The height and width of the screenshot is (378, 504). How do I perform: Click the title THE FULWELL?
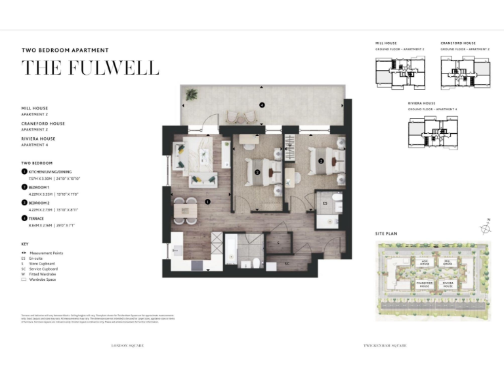[x=90, y=68]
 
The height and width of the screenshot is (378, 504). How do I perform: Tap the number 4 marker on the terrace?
[x=262, y=104]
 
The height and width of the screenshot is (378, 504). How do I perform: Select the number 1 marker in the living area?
[x=207, y=202]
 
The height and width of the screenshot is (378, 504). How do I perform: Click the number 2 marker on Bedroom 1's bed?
[x=322, y=160]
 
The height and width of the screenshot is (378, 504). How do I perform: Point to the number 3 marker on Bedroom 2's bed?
[x=258, y=172]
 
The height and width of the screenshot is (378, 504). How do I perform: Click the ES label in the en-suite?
[x=325, y=203]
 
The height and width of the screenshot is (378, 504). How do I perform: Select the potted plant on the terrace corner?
[x=191, y=96]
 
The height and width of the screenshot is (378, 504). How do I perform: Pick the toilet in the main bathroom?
[x=244, y=264]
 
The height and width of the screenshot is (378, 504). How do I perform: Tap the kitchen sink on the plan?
[x=176, y=250]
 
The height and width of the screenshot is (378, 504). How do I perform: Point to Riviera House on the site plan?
[x=448, y=285]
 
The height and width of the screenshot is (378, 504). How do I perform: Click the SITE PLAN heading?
[x=385, y=234]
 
